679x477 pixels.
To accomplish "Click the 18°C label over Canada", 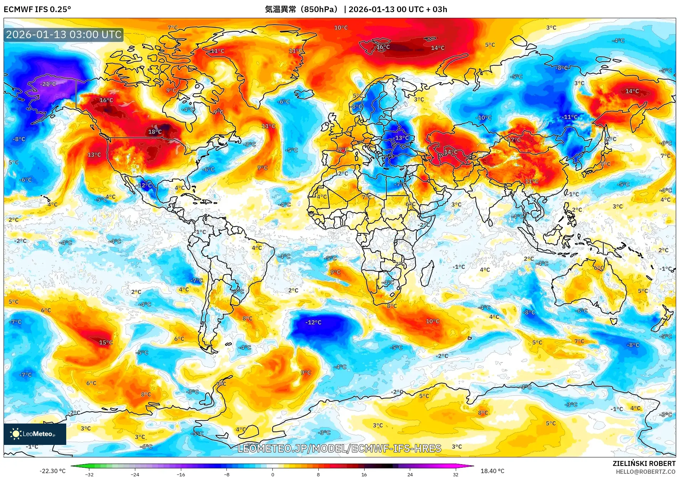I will click(x=155, y=132).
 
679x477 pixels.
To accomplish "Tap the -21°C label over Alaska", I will click(x=48, y=84).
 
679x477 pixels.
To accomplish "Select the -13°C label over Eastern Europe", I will click(x=401, y=138).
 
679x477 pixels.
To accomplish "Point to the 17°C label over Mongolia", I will click(x=514, y=140).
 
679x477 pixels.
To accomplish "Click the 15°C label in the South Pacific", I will click(x=106, y=343).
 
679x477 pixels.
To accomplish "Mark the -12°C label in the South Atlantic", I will click(x=313, y=322).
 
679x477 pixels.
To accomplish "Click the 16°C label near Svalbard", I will click(x=383, y=47).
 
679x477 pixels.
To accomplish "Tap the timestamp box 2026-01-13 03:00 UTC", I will click(x=64, y=35).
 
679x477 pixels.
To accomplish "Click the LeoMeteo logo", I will click(x=35, y=434).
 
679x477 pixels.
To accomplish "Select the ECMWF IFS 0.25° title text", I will click(x=37, y=9).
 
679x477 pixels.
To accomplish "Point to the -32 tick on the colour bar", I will click(x=89, y=474).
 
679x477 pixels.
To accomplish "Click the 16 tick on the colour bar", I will click(x=364, y=474).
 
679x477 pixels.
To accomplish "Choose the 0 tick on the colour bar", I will click(x=273, y=474).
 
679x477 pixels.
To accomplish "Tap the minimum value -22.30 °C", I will click(x=52, y=471).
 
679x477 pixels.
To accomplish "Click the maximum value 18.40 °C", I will click(x=492, y=471).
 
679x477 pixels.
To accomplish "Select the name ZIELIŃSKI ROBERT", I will click(x=644, y=463).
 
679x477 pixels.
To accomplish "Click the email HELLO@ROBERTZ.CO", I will click(x=646, y=472).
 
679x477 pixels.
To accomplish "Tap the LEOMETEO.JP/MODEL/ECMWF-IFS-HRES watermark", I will click(x=339, y=448).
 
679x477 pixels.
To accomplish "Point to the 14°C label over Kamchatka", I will click(x=632, y=91).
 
